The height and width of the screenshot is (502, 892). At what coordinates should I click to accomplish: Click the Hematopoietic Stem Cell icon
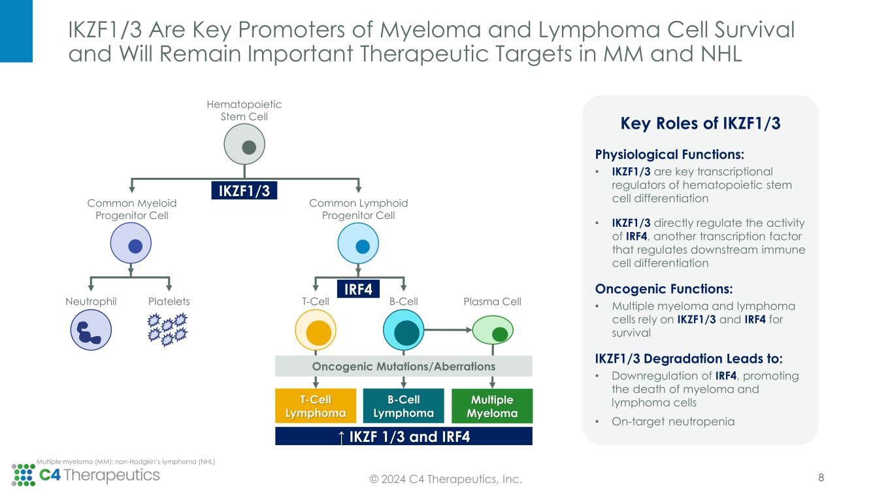pos(244,145)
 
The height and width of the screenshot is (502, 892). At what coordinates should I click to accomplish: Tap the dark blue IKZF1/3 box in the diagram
pos(244,190)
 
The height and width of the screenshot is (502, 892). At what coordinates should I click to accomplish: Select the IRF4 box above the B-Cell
pos(358,289)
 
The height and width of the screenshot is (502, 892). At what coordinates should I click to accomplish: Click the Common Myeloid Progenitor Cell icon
pos(131,245)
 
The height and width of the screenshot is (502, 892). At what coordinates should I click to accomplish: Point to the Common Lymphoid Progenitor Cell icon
pos(358,245)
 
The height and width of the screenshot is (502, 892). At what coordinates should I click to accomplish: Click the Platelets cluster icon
pos(168,330)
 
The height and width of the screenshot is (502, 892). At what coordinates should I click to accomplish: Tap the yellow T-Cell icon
pos(316,329)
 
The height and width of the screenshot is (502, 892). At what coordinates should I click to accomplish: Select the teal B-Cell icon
pos(403,329)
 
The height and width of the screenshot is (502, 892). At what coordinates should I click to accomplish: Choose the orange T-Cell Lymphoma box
pos(316,406)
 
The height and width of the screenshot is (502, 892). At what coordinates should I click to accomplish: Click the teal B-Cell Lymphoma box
pos(403,406)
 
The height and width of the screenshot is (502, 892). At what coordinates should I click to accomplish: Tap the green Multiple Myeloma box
pos(492,406)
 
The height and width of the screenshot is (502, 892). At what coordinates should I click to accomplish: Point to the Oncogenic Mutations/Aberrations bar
pos(403,366)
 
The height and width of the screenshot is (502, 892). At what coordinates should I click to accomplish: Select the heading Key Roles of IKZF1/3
pos(700,124)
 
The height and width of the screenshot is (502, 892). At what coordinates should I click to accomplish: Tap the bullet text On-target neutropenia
pos(673,421)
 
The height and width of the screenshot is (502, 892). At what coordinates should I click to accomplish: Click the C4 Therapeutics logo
pos(85,475)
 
